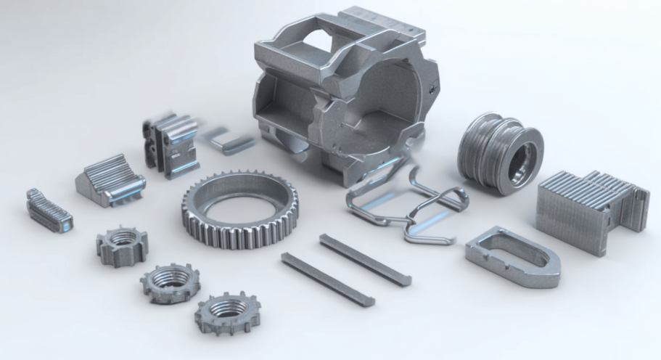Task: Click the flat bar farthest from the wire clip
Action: pos(327,279)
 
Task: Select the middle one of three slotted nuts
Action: pos(168,282)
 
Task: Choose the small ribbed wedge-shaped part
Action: pos(109,181)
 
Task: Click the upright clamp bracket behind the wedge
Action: pos(171,145)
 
